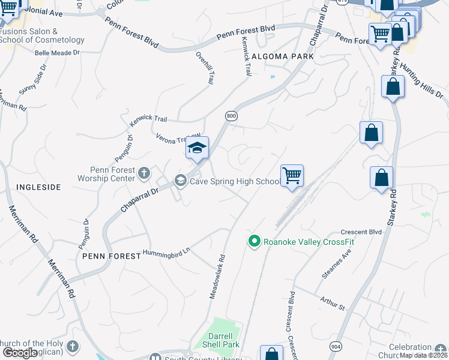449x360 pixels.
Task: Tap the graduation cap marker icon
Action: point(197,148)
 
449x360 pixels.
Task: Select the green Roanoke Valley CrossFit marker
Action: point(254,241)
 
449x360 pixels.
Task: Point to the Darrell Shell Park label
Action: point(224,340)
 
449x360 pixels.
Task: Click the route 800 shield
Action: point(231,115)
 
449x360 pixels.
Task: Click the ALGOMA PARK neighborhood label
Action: point(283,56)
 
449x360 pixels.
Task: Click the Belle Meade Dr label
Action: point(58,53)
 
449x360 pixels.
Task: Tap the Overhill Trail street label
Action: point(204,68)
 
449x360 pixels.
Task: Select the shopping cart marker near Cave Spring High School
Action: point(292,176)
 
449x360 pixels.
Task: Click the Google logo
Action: point(20,353)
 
